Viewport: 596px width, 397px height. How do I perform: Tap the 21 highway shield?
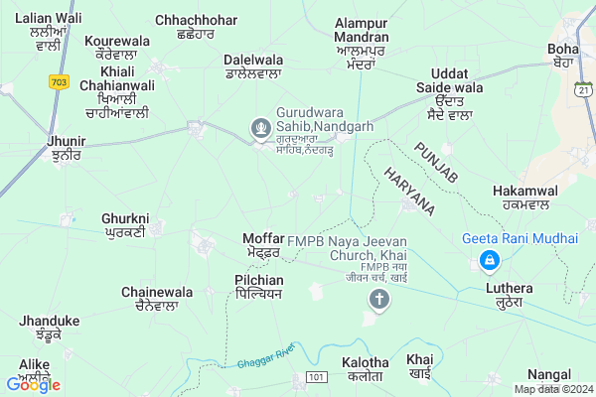pyautogui.click(x=585, y=90)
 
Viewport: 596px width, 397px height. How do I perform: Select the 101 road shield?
pyautogui.click(x=316, y=378)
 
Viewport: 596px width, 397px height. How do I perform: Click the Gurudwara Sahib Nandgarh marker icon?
pyautogui.click(x=261, y=127)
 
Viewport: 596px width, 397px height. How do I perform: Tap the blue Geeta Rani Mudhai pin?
pyautogui.click(x=489, y=261)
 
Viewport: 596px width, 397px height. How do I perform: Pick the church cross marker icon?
pyautogui.click(x=377, y=301)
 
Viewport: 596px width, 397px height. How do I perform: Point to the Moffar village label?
pyautogui.click(x=263, y=245)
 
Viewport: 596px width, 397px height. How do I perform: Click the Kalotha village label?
pyautogui.click(x=362, y=369)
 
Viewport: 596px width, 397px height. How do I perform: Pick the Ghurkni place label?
pyautogui.click(x=124, y=224)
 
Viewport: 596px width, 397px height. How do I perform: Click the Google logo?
pyautogui.click(x=33, y=384)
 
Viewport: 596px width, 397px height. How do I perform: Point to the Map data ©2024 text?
pyautogui.click(x=553, y=388)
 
